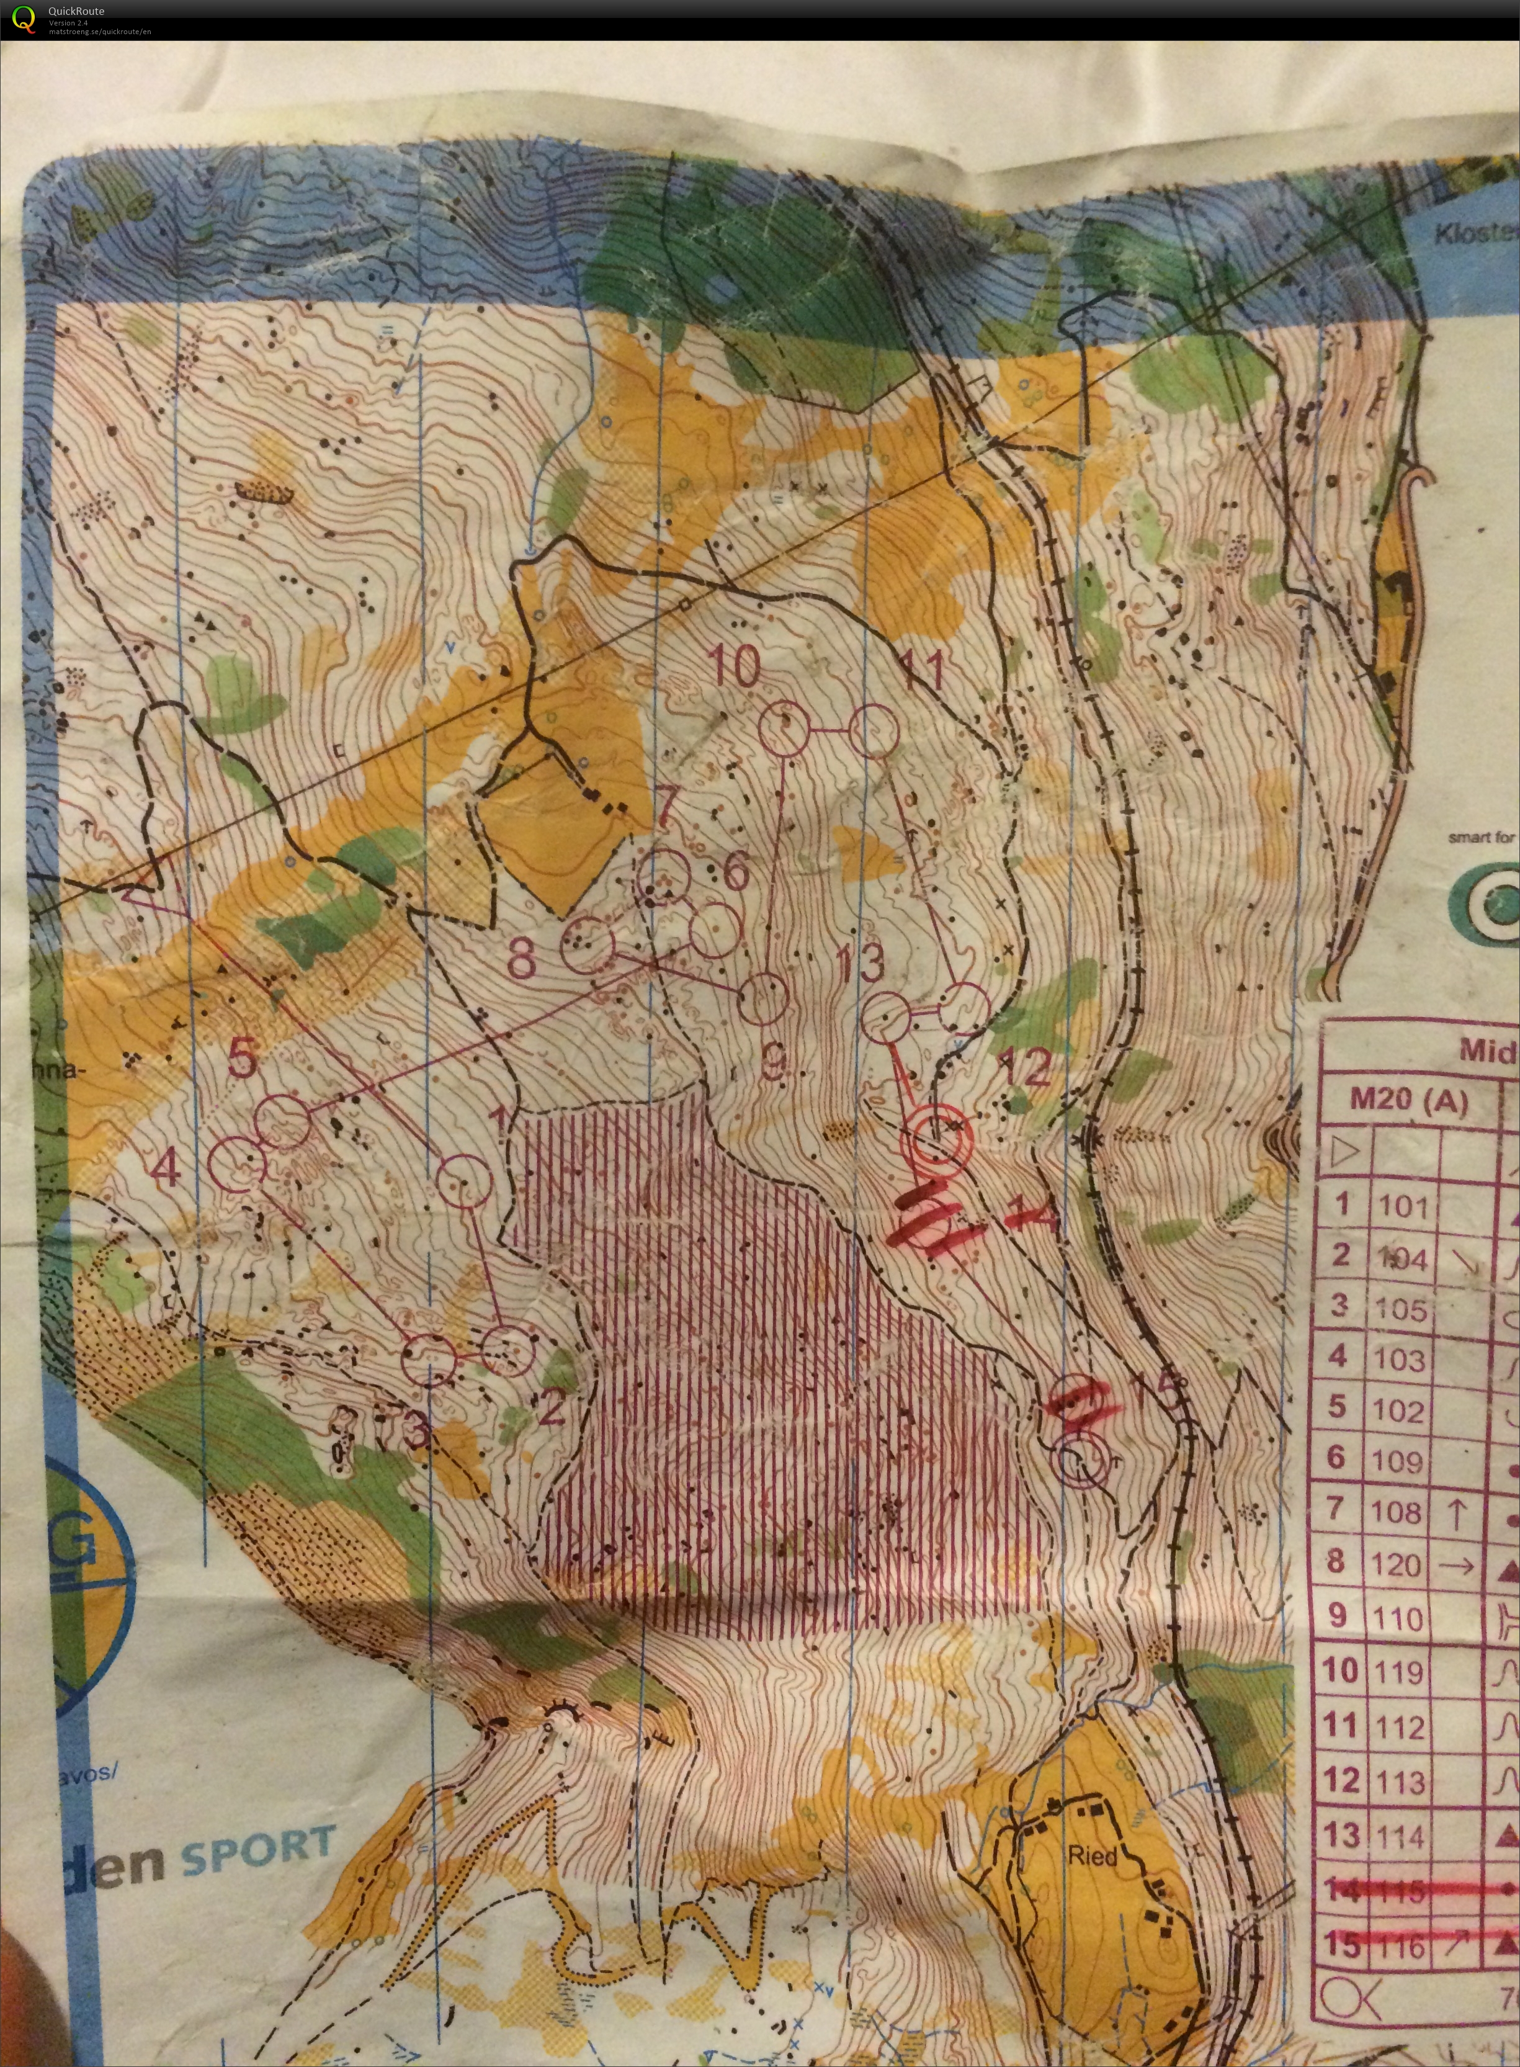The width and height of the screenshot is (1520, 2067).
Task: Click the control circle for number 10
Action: click(x=785, y=728)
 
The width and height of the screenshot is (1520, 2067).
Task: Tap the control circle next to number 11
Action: click(x=873, y=730)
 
